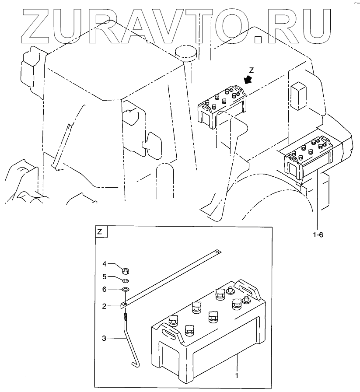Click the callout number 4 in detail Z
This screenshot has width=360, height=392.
pos(105,264)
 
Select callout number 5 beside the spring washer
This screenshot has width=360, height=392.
pos(105,276)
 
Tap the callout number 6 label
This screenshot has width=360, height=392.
pos(105,290)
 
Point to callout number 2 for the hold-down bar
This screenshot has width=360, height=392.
pos(105,307)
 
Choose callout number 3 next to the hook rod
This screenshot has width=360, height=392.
pos(105,338)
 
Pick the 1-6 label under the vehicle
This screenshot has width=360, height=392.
pos(318,235)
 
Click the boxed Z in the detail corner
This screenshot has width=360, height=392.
pos(100,232)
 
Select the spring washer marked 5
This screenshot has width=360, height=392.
pos(125,280)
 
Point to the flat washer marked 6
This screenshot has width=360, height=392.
pos(125,290)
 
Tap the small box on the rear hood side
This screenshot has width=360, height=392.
pos(299,96)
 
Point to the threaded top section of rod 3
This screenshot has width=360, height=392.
pos(126,315)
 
